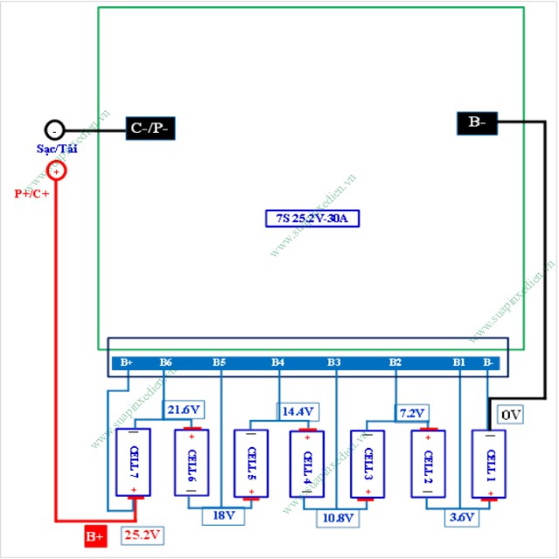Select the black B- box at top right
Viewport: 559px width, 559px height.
477,123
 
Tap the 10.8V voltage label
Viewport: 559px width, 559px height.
336,518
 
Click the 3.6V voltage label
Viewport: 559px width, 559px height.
460,517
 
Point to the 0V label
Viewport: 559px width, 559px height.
512,415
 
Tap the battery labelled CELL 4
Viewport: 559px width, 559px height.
306,464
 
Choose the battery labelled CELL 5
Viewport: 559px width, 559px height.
252,463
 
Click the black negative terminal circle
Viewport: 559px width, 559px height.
54,130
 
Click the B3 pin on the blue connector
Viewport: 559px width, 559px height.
334,362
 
